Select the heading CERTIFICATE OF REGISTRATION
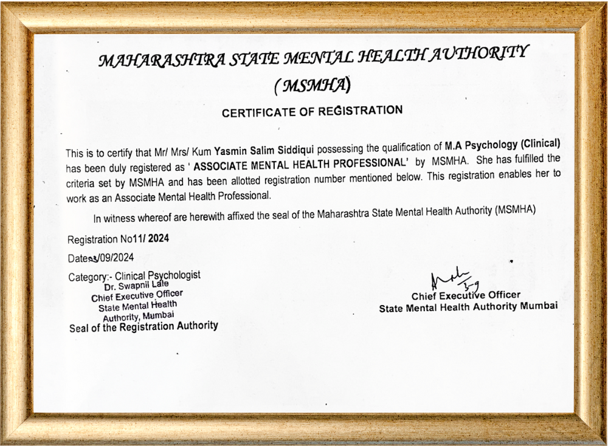point(312,111)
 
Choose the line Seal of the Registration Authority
point(143,327)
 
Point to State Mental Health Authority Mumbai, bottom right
point(468,307)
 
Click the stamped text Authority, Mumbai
point(139,316)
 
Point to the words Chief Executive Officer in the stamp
point(137,296)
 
